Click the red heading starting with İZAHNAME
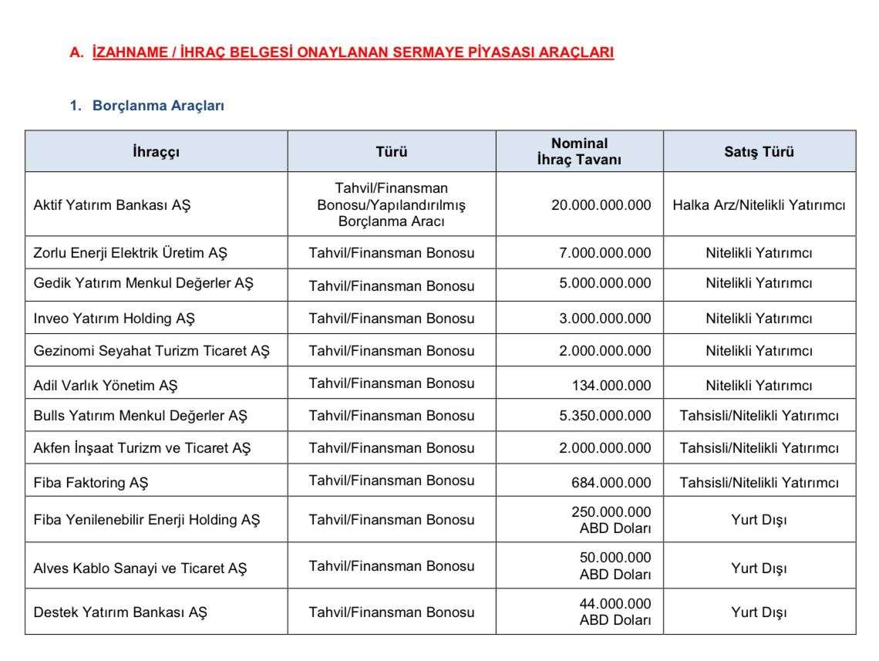352,53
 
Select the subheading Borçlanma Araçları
158,106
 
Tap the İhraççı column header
156,152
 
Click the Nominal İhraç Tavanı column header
579,152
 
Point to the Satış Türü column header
759,152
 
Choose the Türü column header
392,152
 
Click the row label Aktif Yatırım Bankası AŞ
112,206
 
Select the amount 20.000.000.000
601,206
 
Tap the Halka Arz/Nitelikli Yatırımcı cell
759,206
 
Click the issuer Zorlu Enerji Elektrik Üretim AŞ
130,253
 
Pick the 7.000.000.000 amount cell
605,253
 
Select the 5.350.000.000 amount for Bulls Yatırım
605,416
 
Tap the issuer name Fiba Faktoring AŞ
91,483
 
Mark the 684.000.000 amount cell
611,483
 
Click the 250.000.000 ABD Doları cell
615,520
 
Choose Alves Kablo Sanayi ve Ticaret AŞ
140,568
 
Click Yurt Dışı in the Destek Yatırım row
759,613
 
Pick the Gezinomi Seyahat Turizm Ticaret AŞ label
152,351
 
